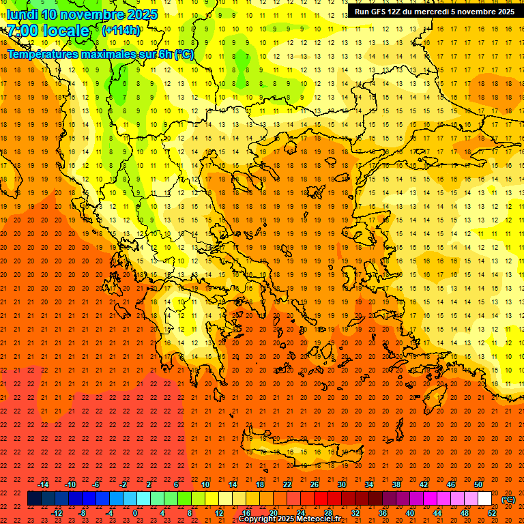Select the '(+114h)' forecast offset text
tap(121, 31)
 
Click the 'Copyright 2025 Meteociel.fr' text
tap(289, 519)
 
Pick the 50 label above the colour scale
tap(478, 484)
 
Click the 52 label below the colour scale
tap(492, 513)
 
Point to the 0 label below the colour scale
tap(135, 513)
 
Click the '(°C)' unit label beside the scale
tap(508, 499)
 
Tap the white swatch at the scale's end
tap(484, 499)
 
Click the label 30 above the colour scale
tap(341, 484)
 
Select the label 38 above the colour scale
tap(396, 484)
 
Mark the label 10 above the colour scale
tap(205, 484)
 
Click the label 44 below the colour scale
tap(437, 513)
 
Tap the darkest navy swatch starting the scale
tap(34, 499)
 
